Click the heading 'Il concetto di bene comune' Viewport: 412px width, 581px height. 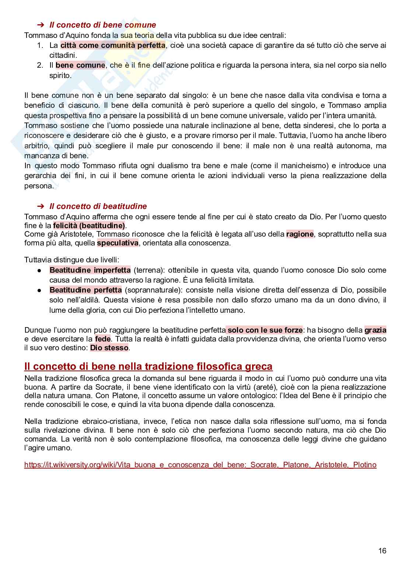[x=102, y=25]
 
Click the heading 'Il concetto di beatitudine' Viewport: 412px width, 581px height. [x=98, y=206]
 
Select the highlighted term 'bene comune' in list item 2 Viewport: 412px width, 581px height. [x=80, y=65]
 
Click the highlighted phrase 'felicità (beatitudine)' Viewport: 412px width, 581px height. [x=89, y=226]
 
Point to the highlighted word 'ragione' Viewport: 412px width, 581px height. [x=300, y=234]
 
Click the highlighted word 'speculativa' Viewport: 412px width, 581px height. [x=118, y=243]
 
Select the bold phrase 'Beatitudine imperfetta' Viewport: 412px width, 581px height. [x=90, y=270]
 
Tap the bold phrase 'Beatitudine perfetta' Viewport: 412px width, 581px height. [x=85, y=290]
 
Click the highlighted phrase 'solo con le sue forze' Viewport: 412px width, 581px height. [x=265, y=330]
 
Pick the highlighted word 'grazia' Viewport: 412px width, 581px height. [x=375, y=330]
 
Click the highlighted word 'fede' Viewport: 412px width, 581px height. [x=102, y=339]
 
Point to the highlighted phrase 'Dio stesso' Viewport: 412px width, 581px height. [x=109, y=348]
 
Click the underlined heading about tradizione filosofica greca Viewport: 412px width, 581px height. [x=148, y=366]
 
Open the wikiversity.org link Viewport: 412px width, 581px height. [x=200, y=465]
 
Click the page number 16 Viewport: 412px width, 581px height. [x=382, y=550]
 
